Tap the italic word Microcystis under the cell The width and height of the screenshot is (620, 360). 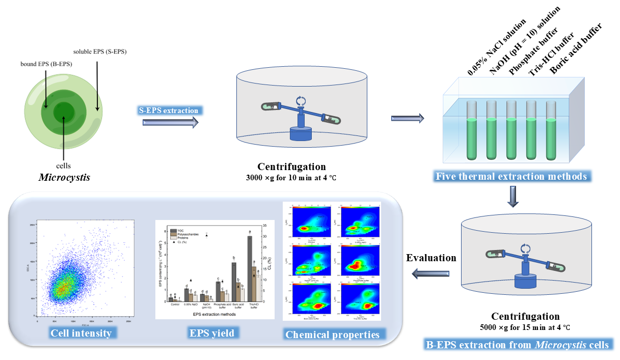[64, 177]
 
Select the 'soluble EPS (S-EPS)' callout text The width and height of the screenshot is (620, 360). [100, 51]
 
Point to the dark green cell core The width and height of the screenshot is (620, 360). [64, 112]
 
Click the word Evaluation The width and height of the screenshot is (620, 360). [430, 258]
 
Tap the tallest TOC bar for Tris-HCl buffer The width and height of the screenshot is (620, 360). [250, 268]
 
